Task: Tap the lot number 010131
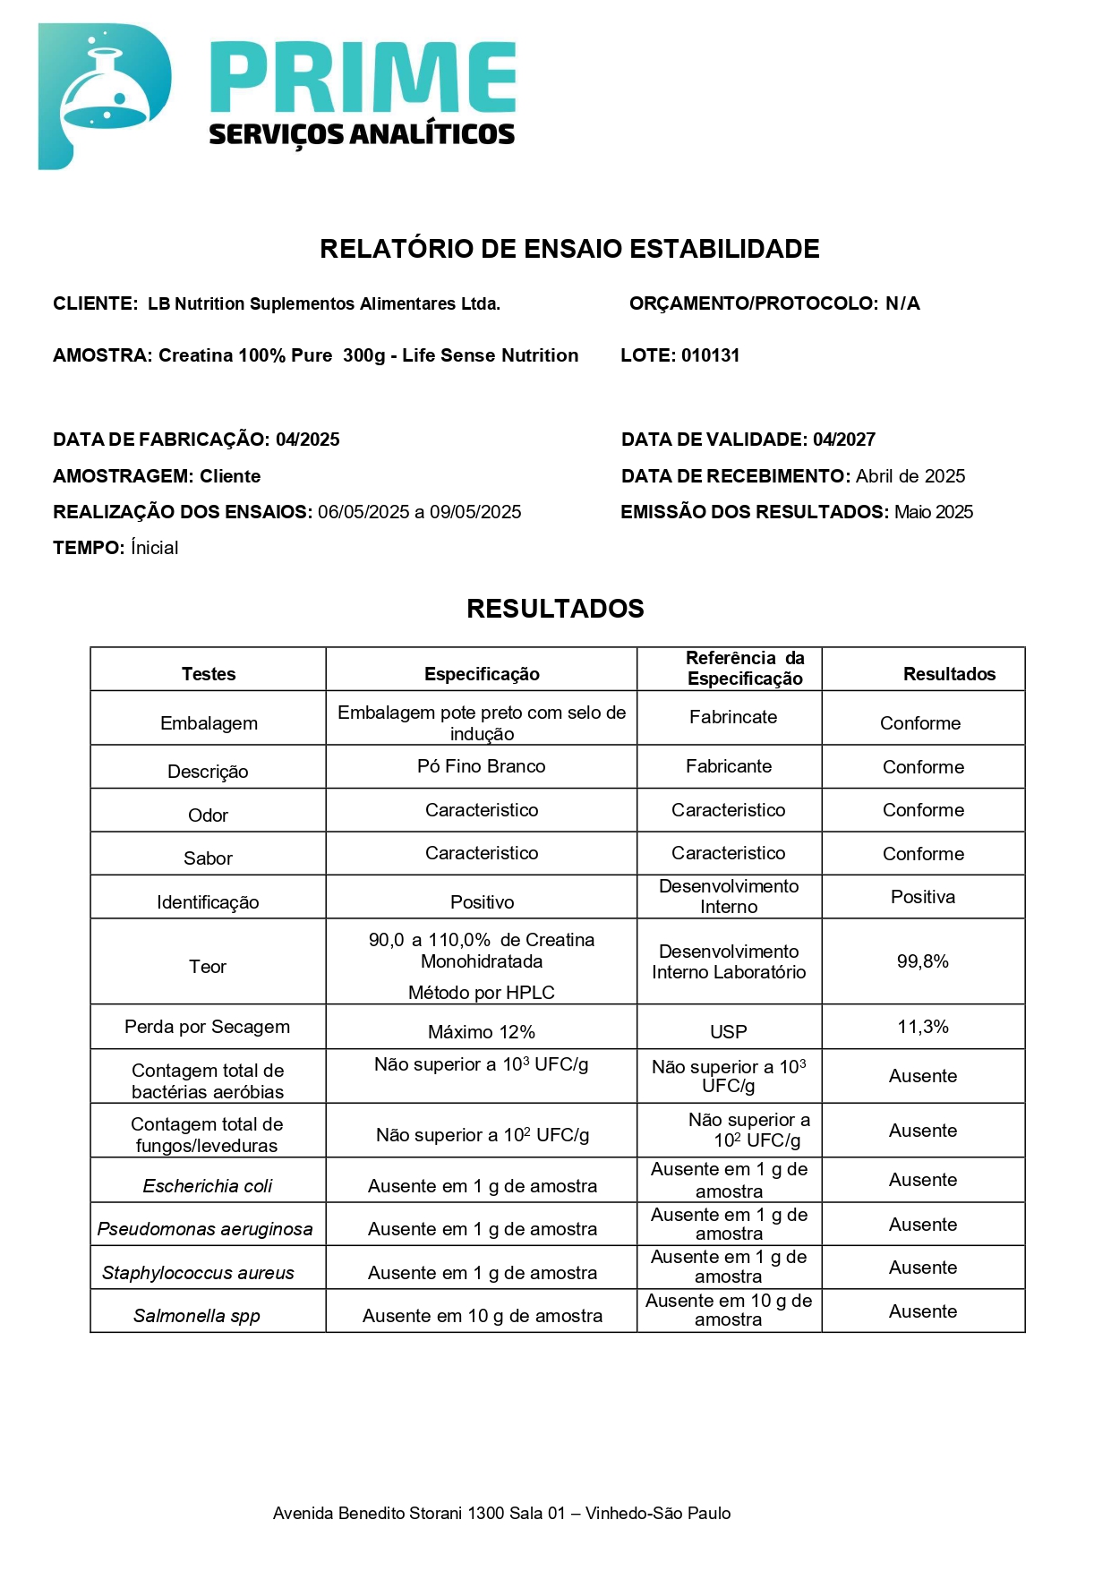click(x=710, y=355)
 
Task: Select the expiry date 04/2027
click(x=843, y=440)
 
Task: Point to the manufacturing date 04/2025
click(x=307, y=440)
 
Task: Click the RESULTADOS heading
click(x=555, y=609)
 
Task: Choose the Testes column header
click(x=209, y=674)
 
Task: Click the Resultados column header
click(x=949, y=674)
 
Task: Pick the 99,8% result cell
click(x=922, y=961)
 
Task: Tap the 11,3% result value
click(x=922, y=1027)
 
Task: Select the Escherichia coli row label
click(x=208, y=1186)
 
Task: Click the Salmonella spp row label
click(x=197, y=1316)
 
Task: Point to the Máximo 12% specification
click(x=482, y=1032)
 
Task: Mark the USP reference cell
click(x=728, y=1032)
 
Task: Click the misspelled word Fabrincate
click(x=733, y=717)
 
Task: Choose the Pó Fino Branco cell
click(x=482, y=766)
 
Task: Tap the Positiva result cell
click(x=922, y=897)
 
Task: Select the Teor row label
click(x=208, y=967)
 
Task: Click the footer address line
click(x=501, y=1514)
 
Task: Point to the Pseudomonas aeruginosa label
click(x=205, y=1229)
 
